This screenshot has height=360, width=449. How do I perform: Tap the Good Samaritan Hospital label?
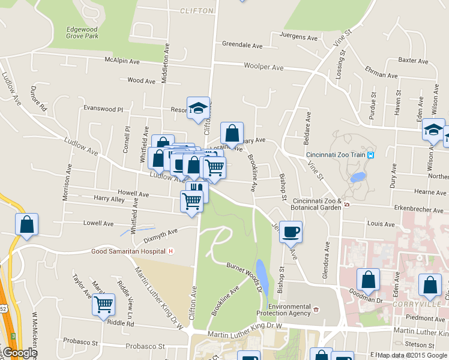click(x=128, y=251)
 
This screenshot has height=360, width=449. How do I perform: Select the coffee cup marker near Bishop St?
click(x=291, y=231)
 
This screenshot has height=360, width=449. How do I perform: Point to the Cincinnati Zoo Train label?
click(x=336, y=155)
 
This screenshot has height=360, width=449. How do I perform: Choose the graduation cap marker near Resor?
click(x=198, y=108)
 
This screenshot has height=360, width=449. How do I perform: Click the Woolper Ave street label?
click(x=263, y=67)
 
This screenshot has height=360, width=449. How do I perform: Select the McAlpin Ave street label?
click(x=122, y=60)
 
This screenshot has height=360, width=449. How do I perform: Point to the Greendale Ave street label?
click(x=243, y=44)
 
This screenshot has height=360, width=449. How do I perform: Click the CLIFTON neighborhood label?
click(x=196, y=11)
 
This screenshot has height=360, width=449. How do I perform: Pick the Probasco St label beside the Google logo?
click(x=80, y=344)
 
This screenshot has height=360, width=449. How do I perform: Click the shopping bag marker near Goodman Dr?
click(x=369, y=279)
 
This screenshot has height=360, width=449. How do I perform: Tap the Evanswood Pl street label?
click(x=103, y=109)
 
